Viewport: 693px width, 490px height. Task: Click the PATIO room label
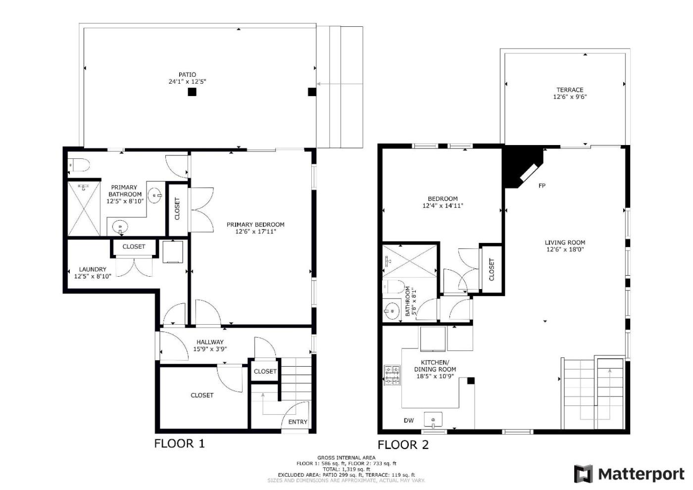187,75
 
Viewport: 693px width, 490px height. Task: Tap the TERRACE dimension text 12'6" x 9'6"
570,97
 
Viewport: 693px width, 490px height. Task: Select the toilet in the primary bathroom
79,164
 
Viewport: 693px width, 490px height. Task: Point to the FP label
542,186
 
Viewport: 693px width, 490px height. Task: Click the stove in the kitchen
392,375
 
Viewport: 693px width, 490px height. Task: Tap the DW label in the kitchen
409,420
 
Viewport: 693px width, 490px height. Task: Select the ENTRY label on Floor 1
297,422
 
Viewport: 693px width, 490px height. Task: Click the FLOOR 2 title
403,445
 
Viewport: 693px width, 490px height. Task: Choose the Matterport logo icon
584,474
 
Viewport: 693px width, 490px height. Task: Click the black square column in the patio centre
192,92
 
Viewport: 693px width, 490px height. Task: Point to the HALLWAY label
210,342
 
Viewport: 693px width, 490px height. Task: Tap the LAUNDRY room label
93,269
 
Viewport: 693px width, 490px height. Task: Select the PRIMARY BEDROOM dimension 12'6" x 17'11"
255,232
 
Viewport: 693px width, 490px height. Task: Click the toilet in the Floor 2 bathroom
394,287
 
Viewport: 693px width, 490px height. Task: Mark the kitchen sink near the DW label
433,420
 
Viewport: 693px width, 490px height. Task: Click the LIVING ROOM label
565,243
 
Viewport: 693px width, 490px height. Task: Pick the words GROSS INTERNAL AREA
346,457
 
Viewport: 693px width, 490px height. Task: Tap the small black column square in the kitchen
471,381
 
